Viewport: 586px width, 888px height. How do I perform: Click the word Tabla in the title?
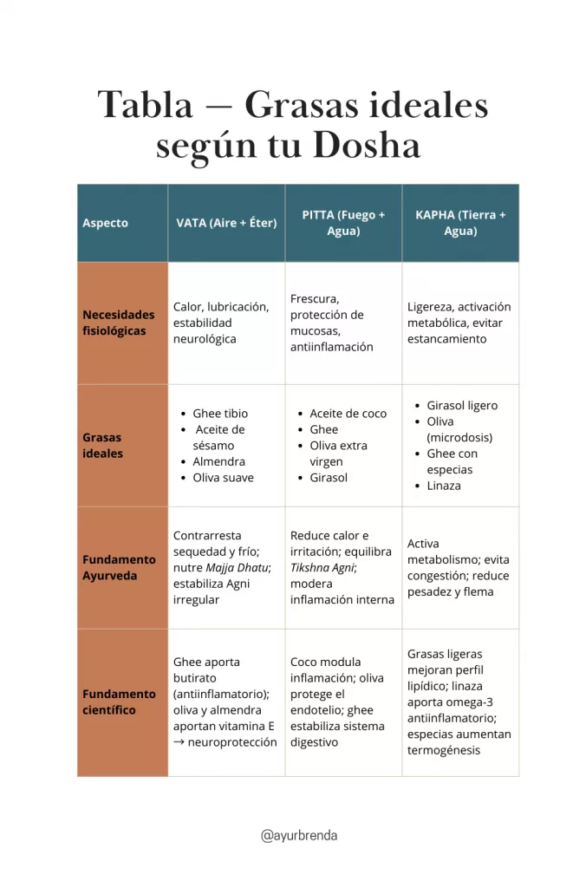(145, 106)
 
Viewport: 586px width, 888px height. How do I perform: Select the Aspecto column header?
(105, 223)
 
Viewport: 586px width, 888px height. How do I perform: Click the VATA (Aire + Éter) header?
(226, 223)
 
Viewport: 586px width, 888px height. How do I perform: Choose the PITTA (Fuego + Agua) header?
(343, 223)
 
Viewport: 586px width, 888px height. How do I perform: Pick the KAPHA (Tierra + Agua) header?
(460, 223)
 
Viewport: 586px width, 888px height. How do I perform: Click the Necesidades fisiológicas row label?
(119, 323)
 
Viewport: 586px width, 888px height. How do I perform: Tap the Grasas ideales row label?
(103, 446)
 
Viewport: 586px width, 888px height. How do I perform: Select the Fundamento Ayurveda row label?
(119, 568)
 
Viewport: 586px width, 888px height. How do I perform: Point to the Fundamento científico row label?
(119, 702)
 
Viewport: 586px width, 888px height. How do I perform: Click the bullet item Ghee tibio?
(220, 414)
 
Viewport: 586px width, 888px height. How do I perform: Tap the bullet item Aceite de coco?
(348, 414)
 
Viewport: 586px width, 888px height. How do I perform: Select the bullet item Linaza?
(444, 486)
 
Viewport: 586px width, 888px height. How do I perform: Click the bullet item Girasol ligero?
(462, 405)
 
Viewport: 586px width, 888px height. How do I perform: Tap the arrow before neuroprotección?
(179, 742)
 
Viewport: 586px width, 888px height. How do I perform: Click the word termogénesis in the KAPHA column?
(444, 750)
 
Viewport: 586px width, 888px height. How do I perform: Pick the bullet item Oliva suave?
(223, 478)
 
